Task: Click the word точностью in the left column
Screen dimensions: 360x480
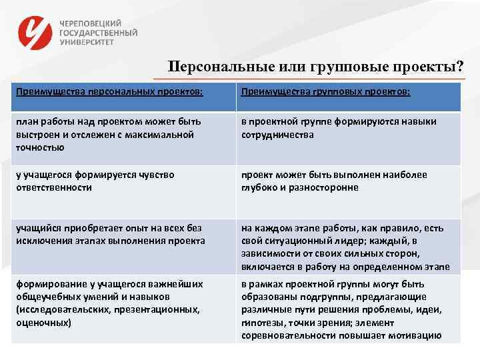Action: [x=40, y=147]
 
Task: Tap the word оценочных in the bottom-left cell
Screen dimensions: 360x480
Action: [x=43, y=322]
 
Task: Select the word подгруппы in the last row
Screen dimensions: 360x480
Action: [x=318, y=296]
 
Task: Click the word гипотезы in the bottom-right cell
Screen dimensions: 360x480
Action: [x=260, y=322]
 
